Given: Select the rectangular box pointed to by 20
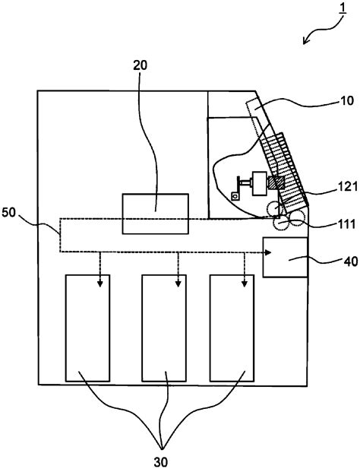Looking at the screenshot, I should pyautogui.click(x=156, y=214).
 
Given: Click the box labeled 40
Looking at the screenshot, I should pyautogui.click(x=285, y=257).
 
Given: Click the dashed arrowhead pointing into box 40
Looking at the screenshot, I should pyautogui.click(x=258, y=252).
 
